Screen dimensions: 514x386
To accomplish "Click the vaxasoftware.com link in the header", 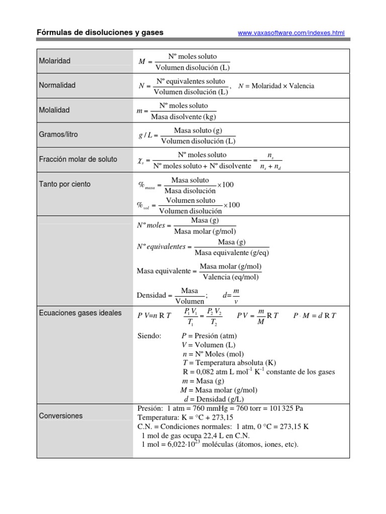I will pyautogui.click(x=291, y=33).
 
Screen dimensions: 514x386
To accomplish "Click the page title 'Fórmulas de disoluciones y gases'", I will pyautogui.click(x=100, y=33).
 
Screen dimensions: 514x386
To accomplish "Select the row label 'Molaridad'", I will pyautogui.click(x=55, y=61).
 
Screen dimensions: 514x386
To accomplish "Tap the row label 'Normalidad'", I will pyautogui.click(x=57, y=85).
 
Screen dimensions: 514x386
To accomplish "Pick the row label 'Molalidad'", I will pyautogui.click(x=55, y=110).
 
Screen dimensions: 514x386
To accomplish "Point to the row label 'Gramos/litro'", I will pyautogui.click(x=58, y=135).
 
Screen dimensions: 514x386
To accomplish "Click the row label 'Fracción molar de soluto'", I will pyautogui.click(x=78, y=159).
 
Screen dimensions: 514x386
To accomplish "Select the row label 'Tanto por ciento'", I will pyautogui.click(x=65, y=184).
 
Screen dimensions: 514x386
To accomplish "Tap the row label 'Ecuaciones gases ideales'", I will pyautogui.click(x=80, y=313).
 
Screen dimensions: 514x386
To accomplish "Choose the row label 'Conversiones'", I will pyautogui.click(x=61, y=416).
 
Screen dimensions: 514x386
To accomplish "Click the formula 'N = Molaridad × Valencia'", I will pyautogui.click(x=276, y=86).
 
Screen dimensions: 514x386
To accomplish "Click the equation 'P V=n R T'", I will pyautogui.click(x=154, y=315).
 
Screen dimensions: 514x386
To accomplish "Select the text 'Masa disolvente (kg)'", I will pyautogui.click(x=183, y=117).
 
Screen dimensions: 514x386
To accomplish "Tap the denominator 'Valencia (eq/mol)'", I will pyautogui.click(x=231, y=277).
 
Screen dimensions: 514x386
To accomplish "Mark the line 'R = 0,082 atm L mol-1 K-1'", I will pyautogui.click(x=259, y=372).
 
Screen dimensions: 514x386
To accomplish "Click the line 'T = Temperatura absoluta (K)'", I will pyautogui.click(x=229, y=362).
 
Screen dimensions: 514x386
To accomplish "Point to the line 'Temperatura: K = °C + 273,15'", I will pyautogui.click(x=185, y=417).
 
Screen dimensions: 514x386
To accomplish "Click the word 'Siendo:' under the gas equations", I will pyautogui.click(x=149, y=335).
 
